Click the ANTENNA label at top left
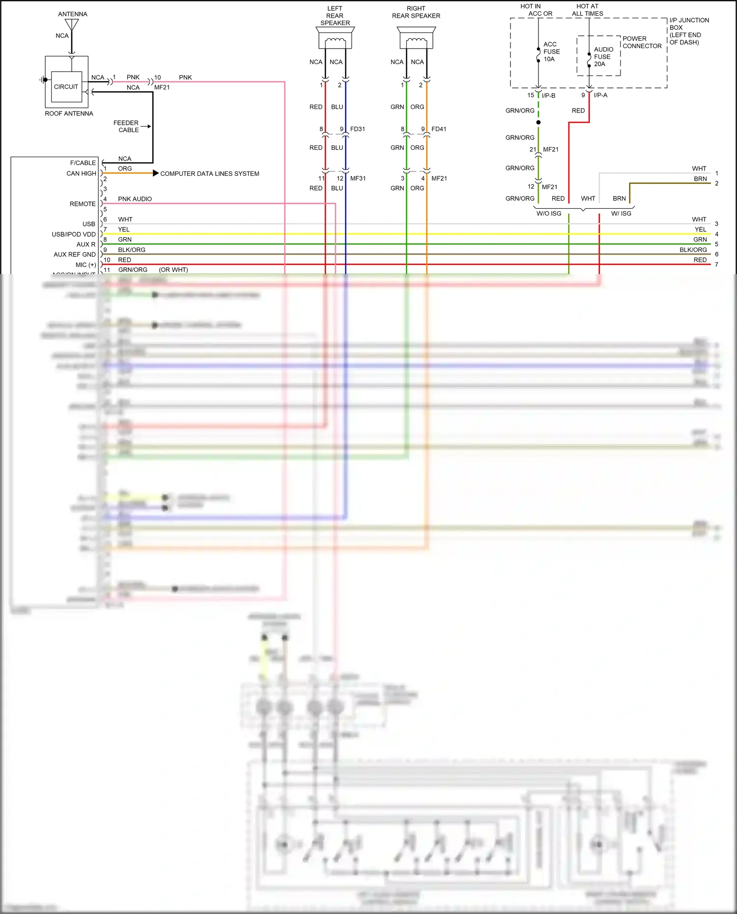pyautogui.click(x=73, y=14)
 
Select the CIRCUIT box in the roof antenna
pyautogui.click(x=66, y=87)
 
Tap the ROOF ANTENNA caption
pyautogui.click(x=69, y=113)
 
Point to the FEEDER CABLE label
pyautogui.click(x=126, y=126)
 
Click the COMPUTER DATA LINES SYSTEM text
pyautogui.click(x=209, y=174)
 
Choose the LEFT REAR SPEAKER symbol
pyautogui.click(x=335, y=38)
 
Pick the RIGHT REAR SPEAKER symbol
pyautogui.click(x=416, y=38)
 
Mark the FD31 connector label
pyautogui.click(x=358, y=129)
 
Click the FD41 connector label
pyautogui.click(x=439, y=129)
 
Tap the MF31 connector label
pyautogui.click(x=358, y=178)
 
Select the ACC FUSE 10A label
pyautogui.click(x=551, y=52)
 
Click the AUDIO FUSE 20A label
pyautogui.click(x=603, y=56)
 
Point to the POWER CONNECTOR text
pyautogui.click(x=642, y=42)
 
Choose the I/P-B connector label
pyautogui.click(x=548, y=95)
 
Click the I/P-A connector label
pyautogui.click(x=600, y=95)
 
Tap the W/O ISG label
pyautogui.click(x=549, y=214)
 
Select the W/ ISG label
pyautogui.click(x=621, y=214)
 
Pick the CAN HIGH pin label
pyautogui.click(x=81, y=173)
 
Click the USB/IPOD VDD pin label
pyautogui.click(x=74, y=234)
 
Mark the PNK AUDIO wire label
pyautogui.click(x=135, y=199)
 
